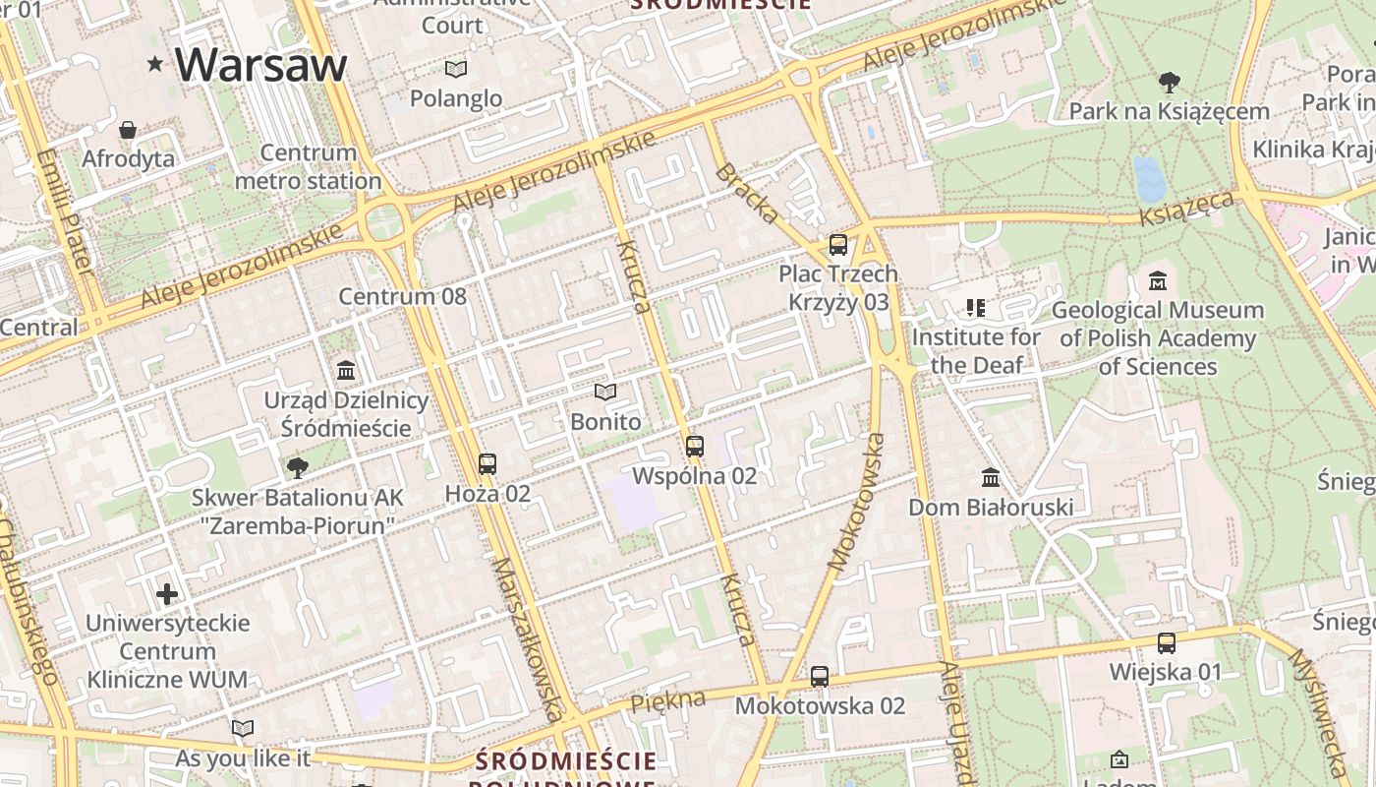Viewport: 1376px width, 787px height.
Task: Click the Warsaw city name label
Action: pyautogui.click(x=260, y=64)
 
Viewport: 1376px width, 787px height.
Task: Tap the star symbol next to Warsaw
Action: pyautogui.click(x=154, y=65)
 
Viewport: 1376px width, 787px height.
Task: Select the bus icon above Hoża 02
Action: pyautogui.click(x=487, y=464)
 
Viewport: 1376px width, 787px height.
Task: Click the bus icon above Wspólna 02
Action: pyautogui.click(x=695, y=447)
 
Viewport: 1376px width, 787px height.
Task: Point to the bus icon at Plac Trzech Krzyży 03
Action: pyautogui.click(x=837, y=245)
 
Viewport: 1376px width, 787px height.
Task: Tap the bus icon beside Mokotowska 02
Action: pyautogui.click(x=820, y=677)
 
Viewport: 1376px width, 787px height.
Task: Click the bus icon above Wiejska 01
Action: pyautogui.click(x=1166, y=643)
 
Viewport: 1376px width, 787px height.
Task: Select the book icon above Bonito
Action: pyautogui.click(x=605, y=393)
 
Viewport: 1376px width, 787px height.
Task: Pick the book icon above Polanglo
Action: pyautogui.click(x=455, y=69)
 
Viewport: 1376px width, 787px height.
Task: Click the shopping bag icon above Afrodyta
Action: pyautogui.click(x=128, y=130)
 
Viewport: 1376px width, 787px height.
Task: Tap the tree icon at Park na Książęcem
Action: pyautogui.click(x=1169, y=82)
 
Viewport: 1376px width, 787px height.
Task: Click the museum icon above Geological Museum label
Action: pyautogui.click(x=1157, y=280)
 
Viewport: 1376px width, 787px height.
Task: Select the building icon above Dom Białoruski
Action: pyautogui.click(x=991, y=477)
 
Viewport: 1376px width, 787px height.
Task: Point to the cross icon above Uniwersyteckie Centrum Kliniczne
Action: pyautogui.click(x=167, y=594)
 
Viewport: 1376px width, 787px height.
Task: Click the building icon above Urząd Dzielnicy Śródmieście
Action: pyautogui.click(x=346, y=371)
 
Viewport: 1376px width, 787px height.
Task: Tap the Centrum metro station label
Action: pyautogui.click(x=309, y=167)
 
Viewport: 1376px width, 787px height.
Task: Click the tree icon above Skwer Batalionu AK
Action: pyautogui.click(x=297, y=467)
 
